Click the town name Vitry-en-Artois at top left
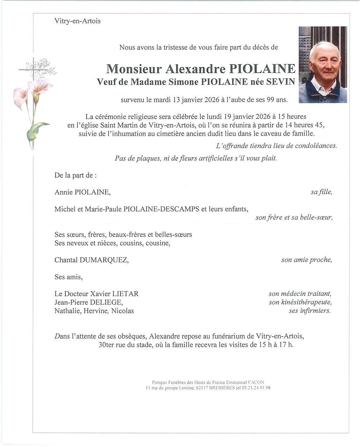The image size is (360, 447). point(78,21)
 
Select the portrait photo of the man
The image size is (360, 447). point(323,65)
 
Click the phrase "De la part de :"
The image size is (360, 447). point(75,175)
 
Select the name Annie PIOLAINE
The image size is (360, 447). point(82,192)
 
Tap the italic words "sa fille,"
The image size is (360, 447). point(321,192)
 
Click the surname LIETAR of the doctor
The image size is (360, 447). point(126,294)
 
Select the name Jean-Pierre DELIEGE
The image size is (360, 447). point(88,302)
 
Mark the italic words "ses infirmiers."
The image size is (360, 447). point(309,311)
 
